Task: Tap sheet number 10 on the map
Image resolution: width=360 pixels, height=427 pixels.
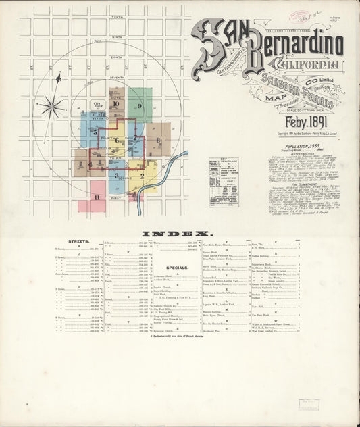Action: (x=116, y=103)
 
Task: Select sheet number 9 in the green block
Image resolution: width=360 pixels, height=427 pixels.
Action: (x=140, y=106)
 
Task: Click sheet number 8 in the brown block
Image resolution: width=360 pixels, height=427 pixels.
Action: (x=157, y=141)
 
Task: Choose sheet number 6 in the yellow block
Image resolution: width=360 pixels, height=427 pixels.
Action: (x=116, y=141)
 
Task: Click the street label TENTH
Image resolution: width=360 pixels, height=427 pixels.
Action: (x=118, y=17)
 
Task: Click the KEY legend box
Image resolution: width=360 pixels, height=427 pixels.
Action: (x=224, y=173)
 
